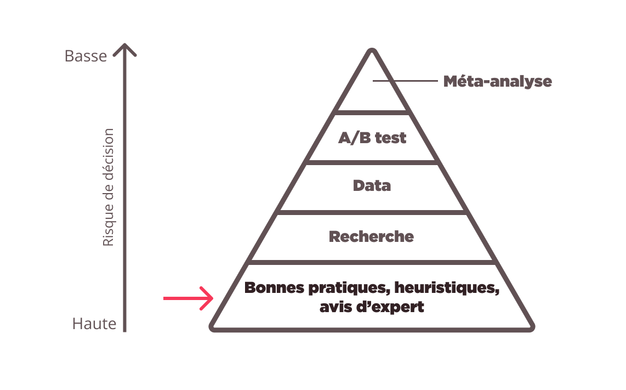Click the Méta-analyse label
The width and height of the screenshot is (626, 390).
click(497, 82)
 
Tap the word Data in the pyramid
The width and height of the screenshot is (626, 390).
click(372, 185)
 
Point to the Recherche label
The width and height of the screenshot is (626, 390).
click(371, 237)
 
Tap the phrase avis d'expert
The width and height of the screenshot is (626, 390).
click(372, 307)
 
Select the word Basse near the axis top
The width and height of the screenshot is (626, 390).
click(86, 56)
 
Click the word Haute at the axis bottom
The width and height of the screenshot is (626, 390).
click(94, 324)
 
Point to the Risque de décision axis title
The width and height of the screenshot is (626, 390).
click(109, 187)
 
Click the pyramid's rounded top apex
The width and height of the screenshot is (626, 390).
click(372, 52)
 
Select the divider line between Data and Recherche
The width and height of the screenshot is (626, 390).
click(372, 212)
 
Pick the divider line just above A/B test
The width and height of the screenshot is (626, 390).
click(372, 112)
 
